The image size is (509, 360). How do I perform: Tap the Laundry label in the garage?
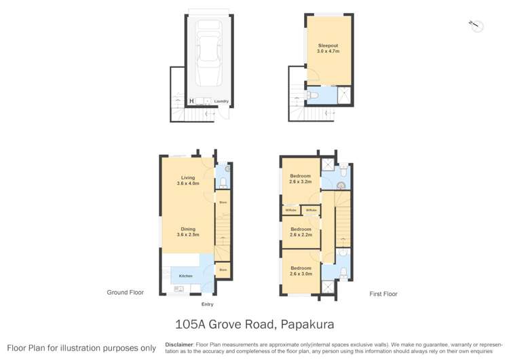(x=221, y=102)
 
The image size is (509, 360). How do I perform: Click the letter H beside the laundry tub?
(x=191, y=102)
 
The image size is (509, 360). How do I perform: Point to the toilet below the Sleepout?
(x=312, y=96)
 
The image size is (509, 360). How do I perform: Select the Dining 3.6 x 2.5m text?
(x=187, y=232)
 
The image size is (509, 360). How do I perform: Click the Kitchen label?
(x=186, y=276)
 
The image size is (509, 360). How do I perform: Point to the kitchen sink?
(x=179, y=289)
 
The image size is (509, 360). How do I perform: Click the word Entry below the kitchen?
(x=207, y=304)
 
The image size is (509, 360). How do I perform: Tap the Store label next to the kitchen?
(x=223, y=270)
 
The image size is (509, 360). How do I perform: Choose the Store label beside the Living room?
(x=223, y=202)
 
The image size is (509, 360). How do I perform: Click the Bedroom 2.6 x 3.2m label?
(x=301, y=179)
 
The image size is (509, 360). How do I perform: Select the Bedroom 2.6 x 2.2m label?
(x=301, y=232)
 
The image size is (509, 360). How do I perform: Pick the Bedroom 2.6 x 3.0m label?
(x=301, y=270)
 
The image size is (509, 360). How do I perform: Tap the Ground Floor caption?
(x=126, y=293)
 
